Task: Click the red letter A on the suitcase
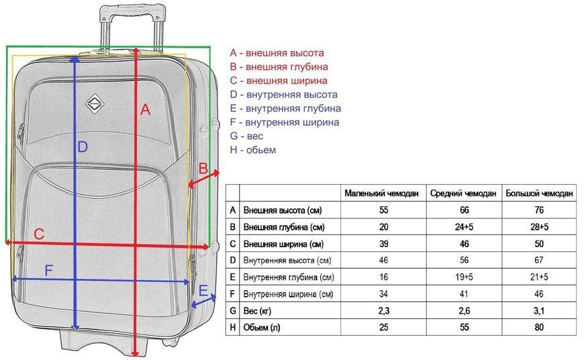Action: click(145, 109)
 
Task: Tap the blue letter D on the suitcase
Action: click(83, 147)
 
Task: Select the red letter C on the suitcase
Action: click(39, 234)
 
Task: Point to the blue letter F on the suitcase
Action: click(48, 270)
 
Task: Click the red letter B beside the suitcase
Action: click(203, 169)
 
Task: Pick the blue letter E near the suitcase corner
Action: click(203, 290)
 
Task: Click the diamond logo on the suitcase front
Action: click(95, 103)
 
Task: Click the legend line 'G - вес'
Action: click(246, 136)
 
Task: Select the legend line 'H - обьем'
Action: click(253, 150)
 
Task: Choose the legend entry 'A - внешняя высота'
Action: click(277, 53)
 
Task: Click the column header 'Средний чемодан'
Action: click(463, 193)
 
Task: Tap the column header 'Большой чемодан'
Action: click(539, 193)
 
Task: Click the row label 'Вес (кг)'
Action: click(257, 310)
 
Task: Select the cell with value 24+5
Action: click(464, 227)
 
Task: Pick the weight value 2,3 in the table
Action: click(383, 310)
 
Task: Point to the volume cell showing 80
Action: click(539, 327)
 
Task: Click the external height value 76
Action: click(539, 210)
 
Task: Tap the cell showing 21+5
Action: click(539, 277)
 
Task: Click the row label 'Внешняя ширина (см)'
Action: click(283, 244)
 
